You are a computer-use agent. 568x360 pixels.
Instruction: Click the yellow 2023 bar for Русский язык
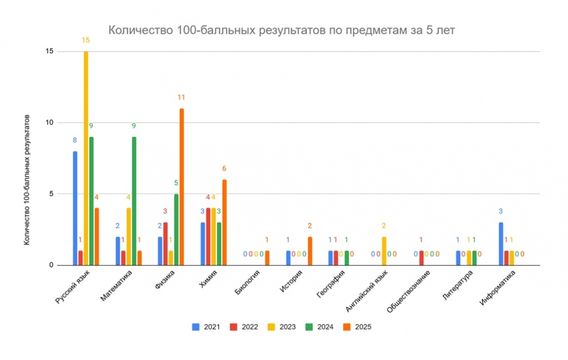point(86,158)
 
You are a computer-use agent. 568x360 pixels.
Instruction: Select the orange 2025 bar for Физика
point(182,187)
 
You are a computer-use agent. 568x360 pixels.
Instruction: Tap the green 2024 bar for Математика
point(134,201)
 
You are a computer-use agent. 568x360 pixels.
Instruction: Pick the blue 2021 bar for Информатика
point(501,244)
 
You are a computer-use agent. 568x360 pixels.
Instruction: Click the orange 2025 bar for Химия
point(224,222)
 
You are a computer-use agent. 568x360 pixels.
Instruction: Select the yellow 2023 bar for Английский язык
point(384,251)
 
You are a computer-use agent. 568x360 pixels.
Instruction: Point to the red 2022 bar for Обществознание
point(421,258)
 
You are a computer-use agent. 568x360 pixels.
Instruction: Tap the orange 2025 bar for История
point(310,251)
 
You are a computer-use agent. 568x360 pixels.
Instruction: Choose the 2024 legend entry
point(320,327)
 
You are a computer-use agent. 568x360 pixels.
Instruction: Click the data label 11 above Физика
point(182,98)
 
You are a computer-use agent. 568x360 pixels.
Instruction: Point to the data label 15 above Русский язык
point(86,40)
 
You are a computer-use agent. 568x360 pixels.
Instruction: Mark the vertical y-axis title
point(27,179)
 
